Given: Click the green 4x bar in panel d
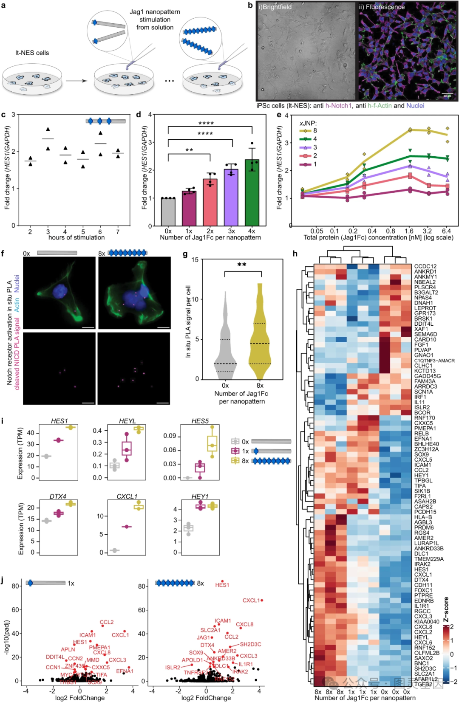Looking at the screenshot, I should (252, 193).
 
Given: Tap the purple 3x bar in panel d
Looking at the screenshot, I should (231, 198).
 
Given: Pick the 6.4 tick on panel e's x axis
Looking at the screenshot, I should (446, 231).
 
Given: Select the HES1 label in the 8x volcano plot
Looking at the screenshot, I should (222, 585).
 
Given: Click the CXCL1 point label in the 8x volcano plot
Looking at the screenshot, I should (251, 601).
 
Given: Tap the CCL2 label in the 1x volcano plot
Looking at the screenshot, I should (107, 622).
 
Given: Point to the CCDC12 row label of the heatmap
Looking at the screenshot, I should (425, 267).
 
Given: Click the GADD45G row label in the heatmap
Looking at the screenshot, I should (428, 376).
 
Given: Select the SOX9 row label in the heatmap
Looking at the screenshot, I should (422, 454).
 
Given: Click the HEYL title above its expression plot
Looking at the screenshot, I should (127, 421).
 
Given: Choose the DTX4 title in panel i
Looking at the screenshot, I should (58, 496).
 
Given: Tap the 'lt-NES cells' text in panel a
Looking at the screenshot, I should (32, 53).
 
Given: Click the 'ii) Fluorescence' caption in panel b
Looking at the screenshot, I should (382, 7).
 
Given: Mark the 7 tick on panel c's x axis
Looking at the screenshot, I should (118, 232).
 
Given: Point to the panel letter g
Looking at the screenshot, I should (185, 254).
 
